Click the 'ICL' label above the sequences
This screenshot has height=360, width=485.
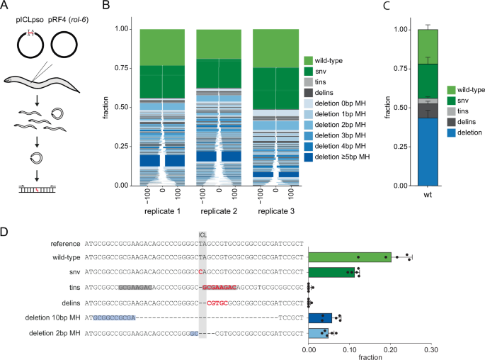pos(202,235)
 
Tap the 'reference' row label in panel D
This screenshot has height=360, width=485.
pos(63,243)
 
